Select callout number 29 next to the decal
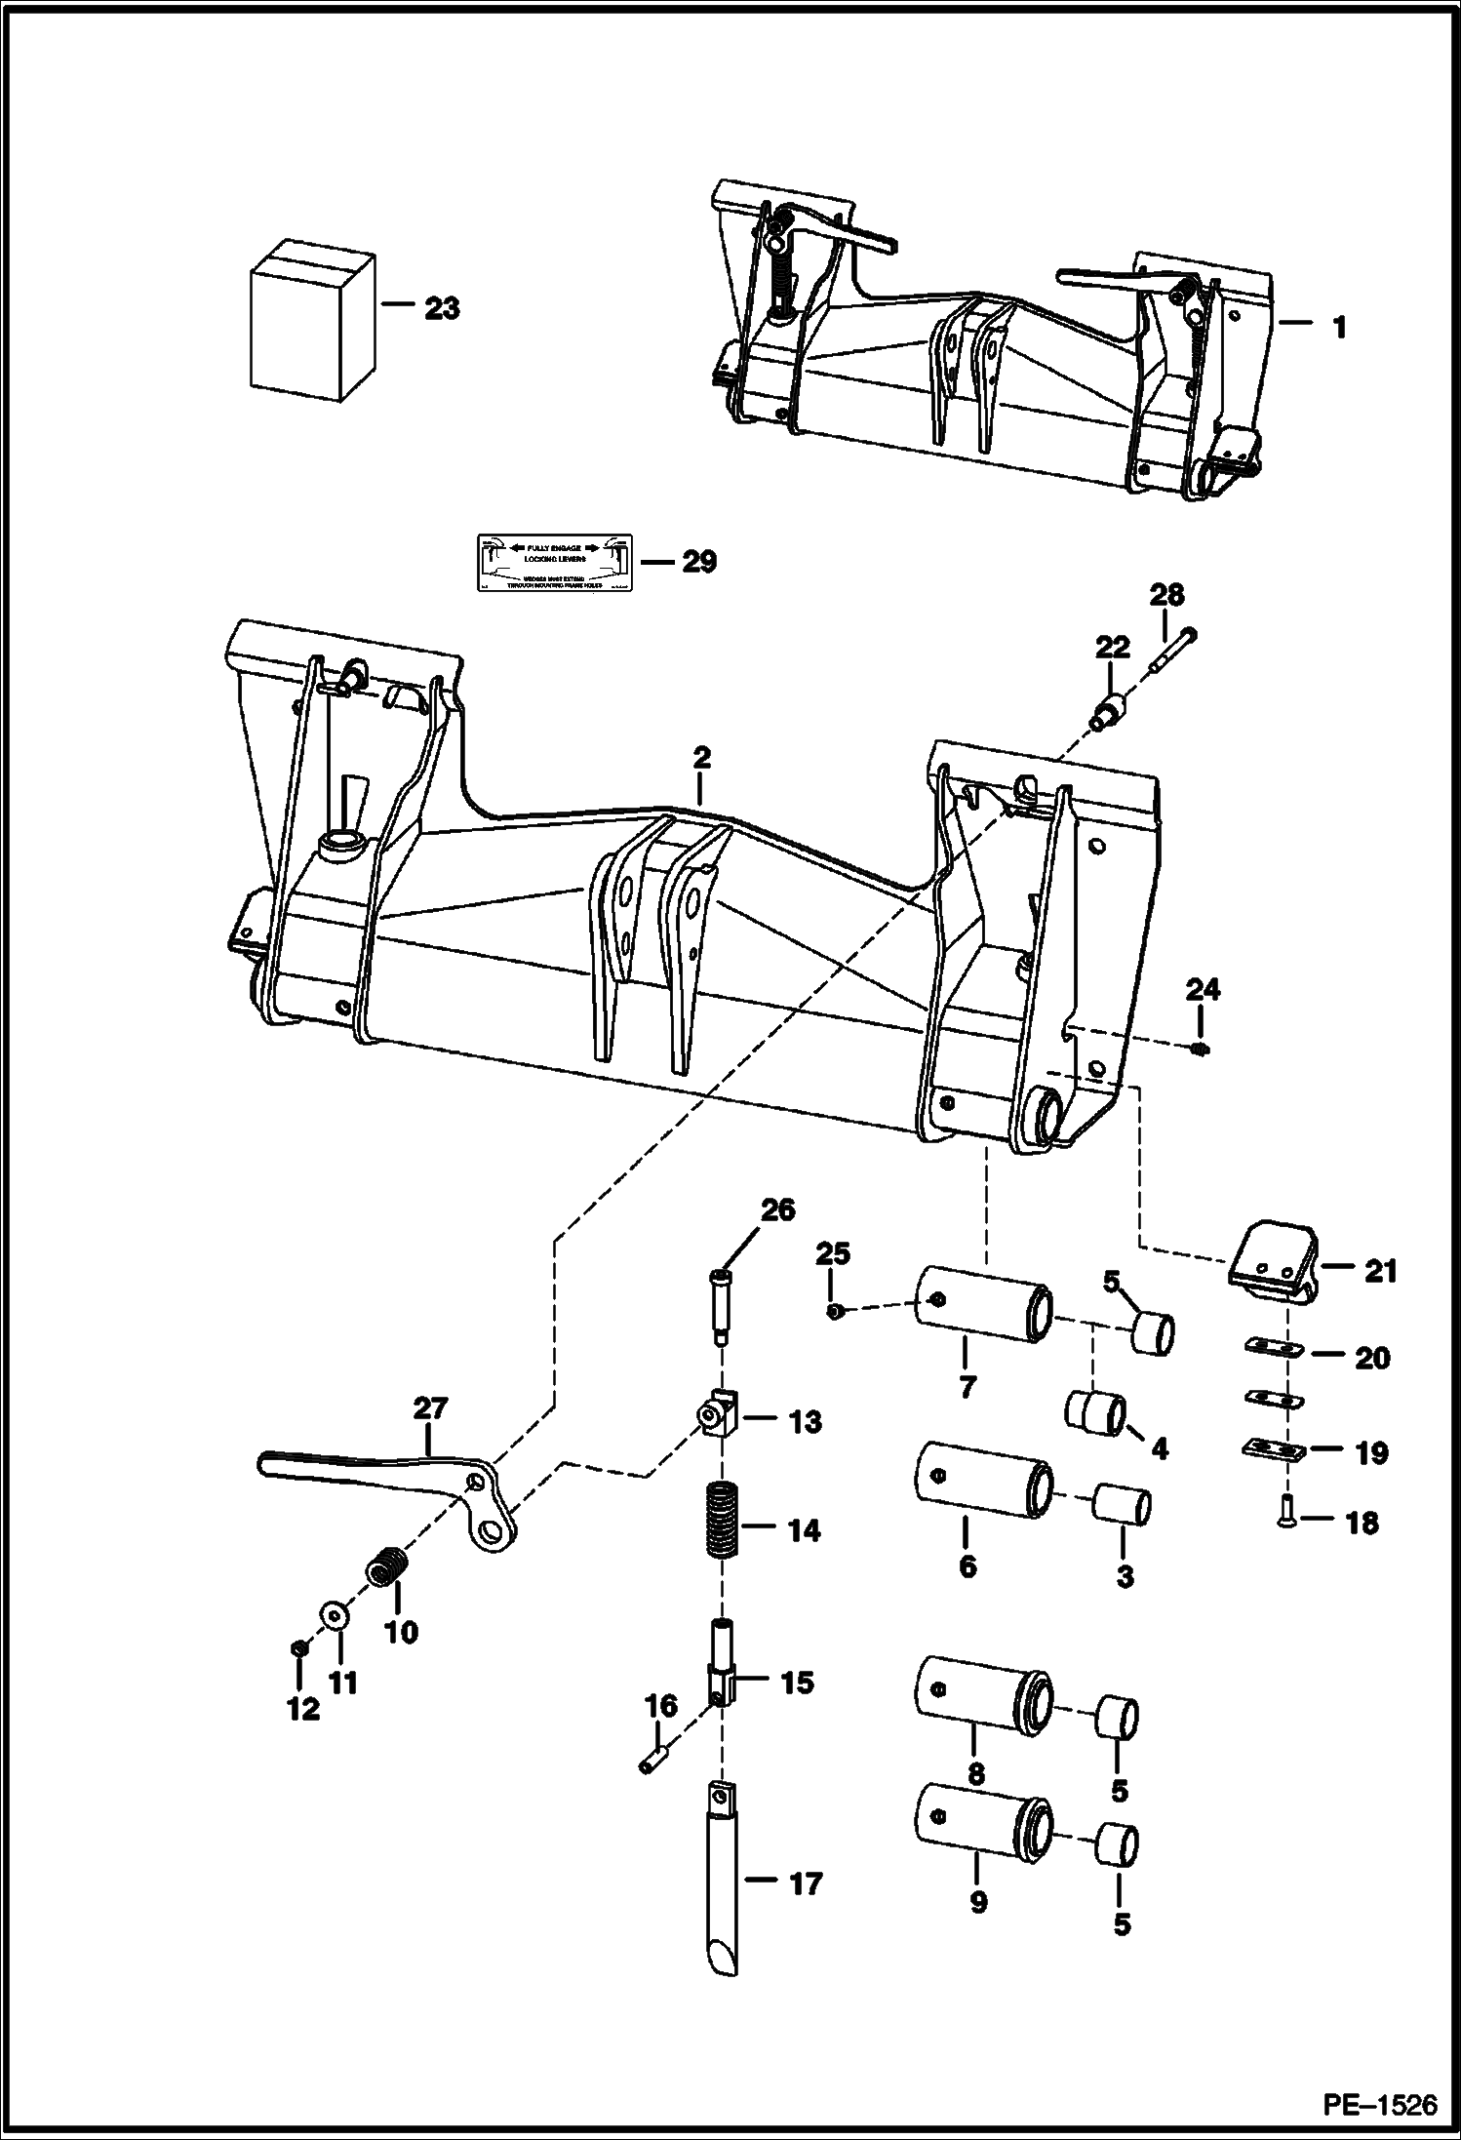(698, 562)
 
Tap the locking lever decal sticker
(553, 562)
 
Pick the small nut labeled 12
(300, 1647)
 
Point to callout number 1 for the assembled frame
(1338, 328)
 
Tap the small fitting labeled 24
(1202, 1049)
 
